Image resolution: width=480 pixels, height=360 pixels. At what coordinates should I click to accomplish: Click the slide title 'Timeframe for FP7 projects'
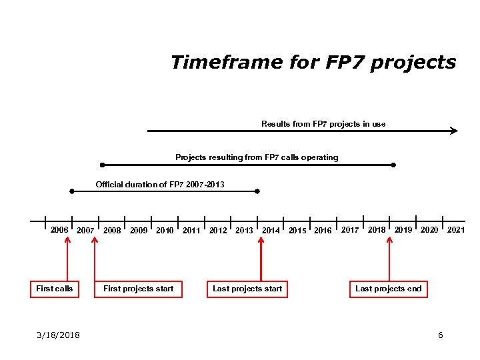[313, 63]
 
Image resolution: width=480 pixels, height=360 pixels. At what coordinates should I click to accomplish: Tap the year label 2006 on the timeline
[59, 230]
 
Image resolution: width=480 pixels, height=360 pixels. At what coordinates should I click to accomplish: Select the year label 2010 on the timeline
[165, 231]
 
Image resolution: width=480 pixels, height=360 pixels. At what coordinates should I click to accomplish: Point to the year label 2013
[244, 231]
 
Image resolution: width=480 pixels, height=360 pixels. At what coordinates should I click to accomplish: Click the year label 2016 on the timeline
[323, 231]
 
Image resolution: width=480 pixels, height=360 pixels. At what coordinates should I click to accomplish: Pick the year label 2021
[456, 230]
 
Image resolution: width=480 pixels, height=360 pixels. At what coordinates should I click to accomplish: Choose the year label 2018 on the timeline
[377, 230]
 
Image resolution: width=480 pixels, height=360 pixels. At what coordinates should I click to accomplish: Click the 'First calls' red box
[55, 289]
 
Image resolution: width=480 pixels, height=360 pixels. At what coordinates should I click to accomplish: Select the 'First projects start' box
[139, 289]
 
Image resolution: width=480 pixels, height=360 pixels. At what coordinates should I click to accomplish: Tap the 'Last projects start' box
[247, 289]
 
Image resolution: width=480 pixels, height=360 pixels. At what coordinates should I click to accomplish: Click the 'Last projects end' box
[389, 289]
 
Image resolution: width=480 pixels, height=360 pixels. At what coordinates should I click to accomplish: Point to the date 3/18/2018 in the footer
[58, 335]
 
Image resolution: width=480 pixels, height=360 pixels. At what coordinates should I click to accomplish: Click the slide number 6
[440, 335]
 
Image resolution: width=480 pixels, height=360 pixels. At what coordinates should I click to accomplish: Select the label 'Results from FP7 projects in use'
[323, 124]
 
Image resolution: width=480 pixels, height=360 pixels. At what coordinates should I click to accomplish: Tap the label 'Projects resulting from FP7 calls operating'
[257, 157]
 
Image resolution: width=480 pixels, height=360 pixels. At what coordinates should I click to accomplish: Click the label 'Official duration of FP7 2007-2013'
[160, 184]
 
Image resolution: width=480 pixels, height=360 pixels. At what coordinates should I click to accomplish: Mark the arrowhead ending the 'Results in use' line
[454, 131]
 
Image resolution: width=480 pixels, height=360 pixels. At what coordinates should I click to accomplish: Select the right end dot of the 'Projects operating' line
[394, 165]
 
